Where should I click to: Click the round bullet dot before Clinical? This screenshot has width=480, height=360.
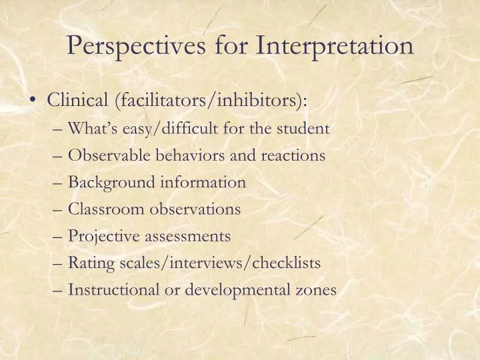click(33, 101)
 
